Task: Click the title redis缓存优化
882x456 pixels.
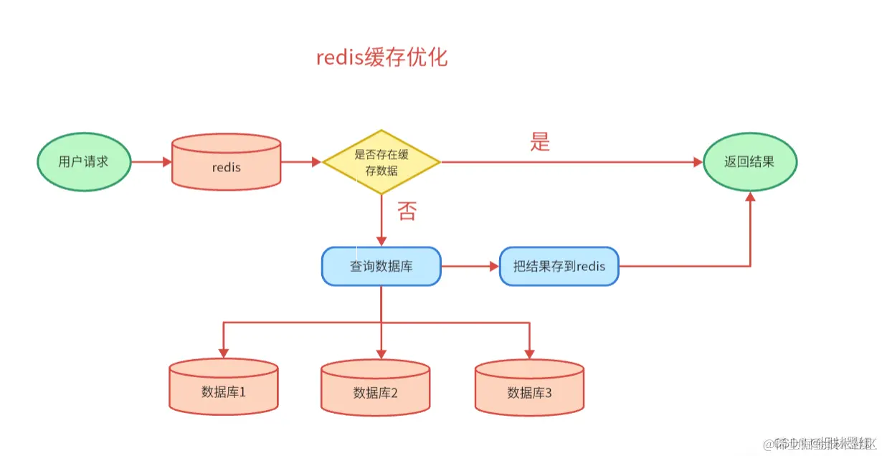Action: click(381, 57)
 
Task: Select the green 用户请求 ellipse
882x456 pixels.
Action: click(83, 161)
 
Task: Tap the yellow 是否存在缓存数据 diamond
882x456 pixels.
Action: click(381, 162)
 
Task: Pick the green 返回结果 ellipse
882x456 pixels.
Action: click(749, 161)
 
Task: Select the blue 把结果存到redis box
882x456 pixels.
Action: click(559, 267)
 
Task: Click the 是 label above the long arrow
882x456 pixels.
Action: click(540, 142)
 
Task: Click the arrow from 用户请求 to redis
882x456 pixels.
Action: click(151, 162)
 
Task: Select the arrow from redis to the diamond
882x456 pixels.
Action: click(300, 162)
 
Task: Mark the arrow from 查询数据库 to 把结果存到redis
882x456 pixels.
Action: click(470, 267)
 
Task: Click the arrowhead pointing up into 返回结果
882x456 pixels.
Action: click(750, 197)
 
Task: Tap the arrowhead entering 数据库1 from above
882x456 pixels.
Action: click(224, 353)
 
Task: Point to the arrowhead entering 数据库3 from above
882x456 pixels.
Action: click(529, 353)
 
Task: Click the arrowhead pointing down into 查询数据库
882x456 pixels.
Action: click(381, 241)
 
